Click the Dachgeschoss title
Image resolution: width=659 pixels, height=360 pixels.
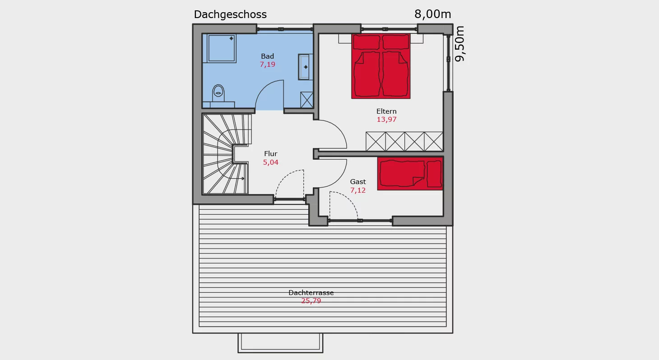[x=230, y=14]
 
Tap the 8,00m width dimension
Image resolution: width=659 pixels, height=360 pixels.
[x=433, y=14]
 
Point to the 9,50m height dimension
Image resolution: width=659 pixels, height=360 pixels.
[x=459, y=44]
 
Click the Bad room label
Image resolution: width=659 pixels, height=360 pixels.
[x=267, y=56]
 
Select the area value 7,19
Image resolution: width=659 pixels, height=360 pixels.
[x=267, y=65]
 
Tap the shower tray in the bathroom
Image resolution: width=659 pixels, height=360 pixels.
[x=222, y=48]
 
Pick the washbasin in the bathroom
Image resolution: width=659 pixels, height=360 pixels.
[x=305, y=67]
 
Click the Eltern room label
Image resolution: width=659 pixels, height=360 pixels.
[x=386, y=111]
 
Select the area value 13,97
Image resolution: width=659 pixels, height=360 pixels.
[x=386, y=120]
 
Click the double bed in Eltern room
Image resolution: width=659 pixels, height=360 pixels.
[x=381, y=66]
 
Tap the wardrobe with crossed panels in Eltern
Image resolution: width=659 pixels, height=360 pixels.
[x=404, y=142]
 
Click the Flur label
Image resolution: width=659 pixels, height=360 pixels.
[x=271, y=154]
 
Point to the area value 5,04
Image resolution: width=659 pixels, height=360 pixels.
[x=271, y=162]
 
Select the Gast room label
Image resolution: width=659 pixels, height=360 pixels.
[x=358, y=182]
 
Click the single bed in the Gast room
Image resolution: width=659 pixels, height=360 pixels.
[x=410, y=174]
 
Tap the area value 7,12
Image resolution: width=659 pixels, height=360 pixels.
[x=358, y=190]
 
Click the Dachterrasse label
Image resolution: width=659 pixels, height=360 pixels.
[x=311, y=293]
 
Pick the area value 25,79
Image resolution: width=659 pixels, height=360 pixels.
[x=311, y=300]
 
